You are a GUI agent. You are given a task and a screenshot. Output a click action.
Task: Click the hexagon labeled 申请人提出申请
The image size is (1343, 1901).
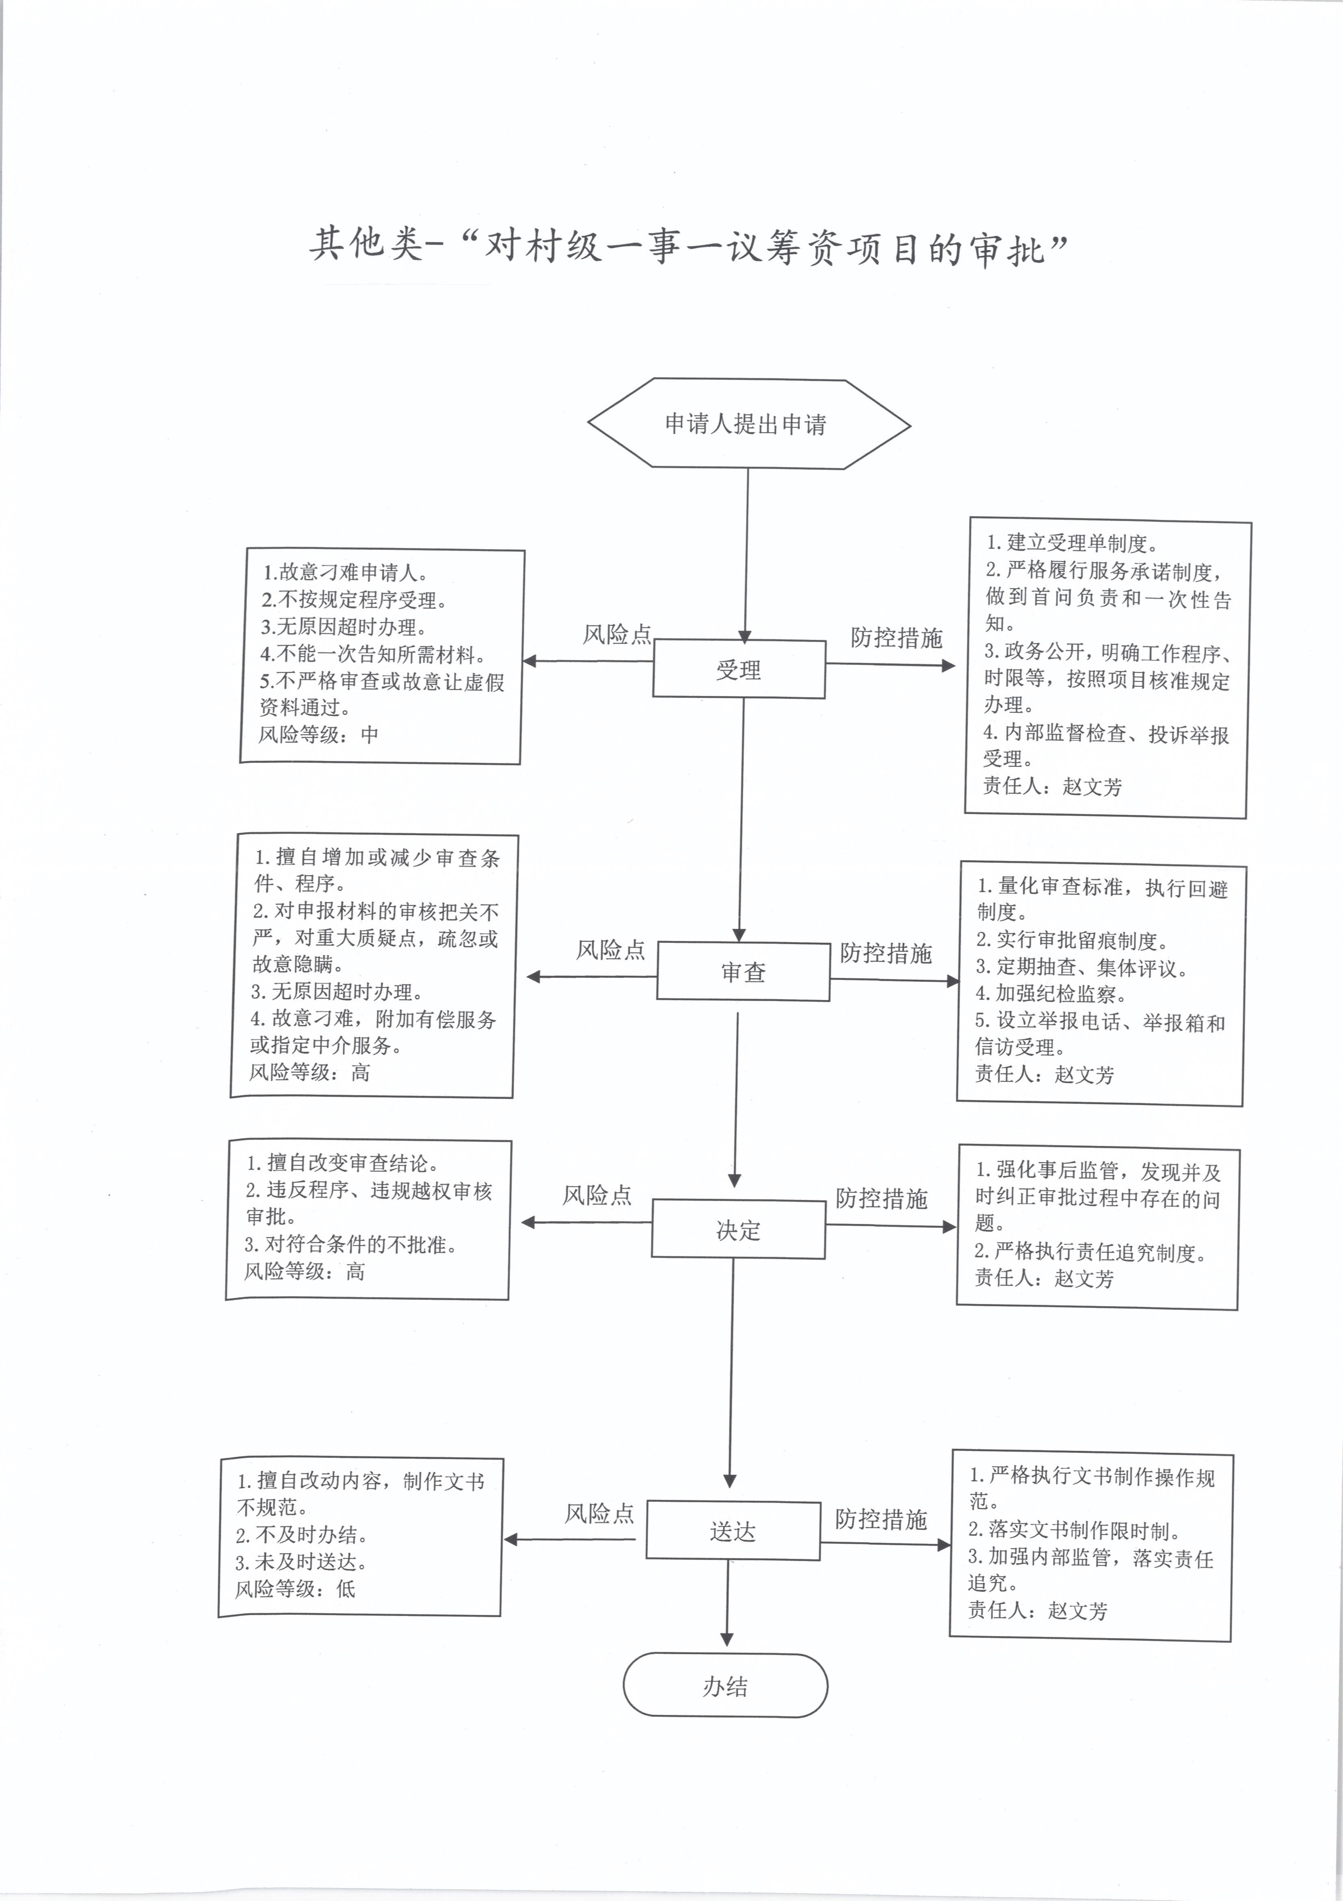[x=749, y=424]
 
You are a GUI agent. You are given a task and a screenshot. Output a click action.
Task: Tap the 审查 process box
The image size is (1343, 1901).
[x=743, y=971]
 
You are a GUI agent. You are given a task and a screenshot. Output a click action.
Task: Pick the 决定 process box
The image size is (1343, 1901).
[x=738, y=1230]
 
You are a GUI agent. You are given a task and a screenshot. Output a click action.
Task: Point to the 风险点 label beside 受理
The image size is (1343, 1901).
[x=617, y=634]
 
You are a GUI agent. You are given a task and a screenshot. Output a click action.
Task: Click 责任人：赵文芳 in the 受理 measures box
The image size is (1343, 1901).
[x=1053, y=786]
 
